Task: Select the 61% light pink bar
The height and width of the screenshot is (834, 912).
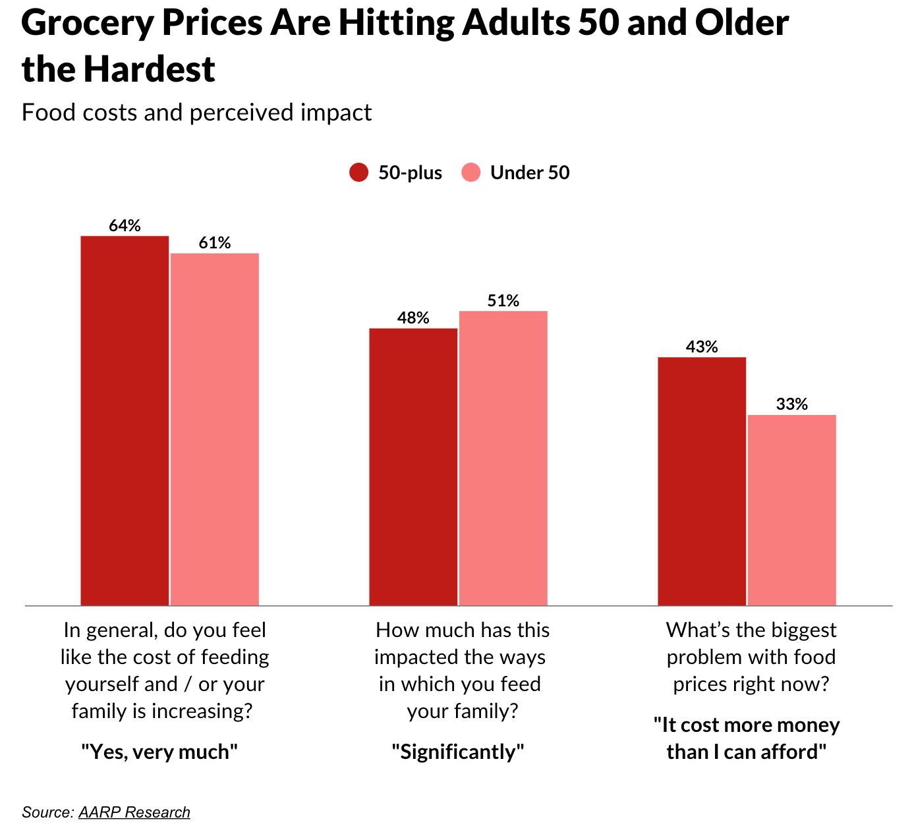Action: [x=215, y=429]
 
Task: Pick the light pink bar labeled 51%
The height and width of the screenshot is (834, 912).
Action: [x=503, y=458]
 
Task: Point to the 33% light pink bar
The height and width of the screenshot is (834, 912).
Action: [x=792, y=510]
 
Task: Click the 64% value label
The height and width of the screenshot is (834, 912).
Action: [x=125, y=226]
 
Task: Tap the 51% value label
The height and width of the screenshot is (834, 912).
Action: [x=503, y=301]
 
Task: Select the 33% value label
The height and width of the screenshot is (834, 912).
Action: [x=792, y=404]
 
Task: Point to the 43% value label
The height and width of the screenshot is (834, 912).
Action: [x=702, y=347]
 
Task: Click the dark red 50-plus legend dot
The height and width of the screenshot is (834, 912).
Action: [x=359, y=173]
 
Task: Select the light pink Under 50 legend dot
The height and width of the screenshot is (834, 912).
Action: [x=471, y=173]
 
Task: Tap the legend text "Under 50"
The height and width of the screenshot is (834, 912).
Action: [x=530, y=173]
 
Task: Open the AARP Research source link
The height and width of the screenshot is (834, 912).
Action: [x=134, y=812]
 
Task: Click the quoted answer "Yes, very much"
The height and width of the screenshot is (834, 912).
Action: [x=159, y=752]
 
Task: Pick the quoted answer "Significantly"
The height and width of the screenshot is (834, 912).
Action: [x=458, y=752]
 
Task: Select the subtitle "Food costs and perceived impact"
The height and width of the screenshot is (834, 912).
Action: [x=196, y=113]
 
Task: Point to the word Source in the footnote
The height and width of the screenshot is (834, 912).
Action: [x=47, y=812]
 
